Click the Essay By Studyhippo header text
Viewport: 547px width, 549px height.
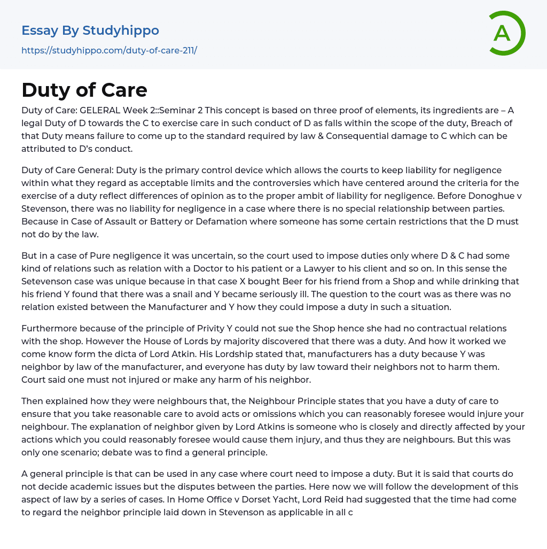[x=90, y=30]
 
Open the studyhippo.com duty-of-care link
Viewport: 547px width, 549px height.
[x=109, y=51]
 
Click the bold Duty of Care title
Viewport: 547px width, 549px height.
[x=84, y=90]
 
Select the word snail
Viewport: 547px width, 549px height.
[x=198, y=294]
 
